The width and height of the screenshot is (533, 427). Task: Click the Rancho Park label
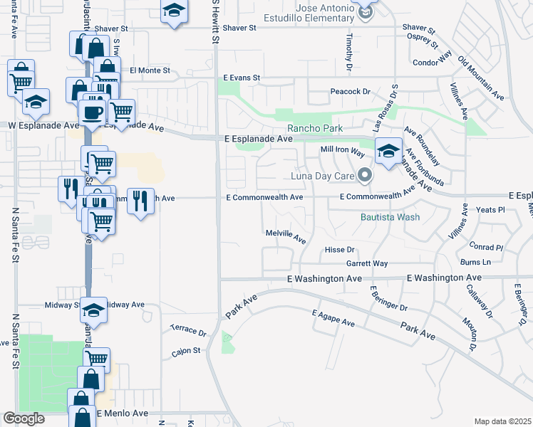click(314, 129)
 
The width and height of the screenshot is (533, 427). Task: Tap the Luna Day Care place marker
click(366, 174)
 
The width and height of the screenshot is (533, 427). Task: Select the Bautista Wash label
click(390, 217)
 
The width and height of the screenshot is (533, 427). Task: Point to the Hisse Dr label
click(339, 250)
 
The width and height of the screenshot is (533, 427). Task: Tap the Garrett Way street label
click(366, 263)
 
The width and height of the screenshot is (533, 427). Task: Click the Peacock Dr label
click(351, 92)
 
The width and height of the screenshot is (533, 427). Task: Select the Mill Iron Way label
click(343, 149)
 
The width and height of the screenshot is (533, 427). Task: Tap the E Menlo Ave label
click(122, 413)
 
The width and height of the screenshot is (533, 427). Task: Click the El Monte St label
click(150, 70)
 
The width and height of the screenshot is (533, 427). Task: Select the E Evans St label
click(242, 77)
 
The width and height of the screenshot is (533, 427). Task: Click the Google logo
click(24, 418)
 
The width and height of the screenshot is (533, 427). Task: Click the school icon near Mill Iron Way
click(388, 151)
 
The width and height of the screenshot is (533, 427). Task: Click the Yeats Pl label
click(490, 211)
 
